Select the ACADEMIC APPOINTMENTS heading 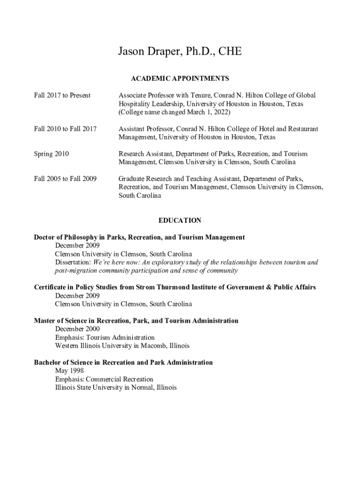click(180, 79)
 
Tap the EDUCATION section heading click(180, 220)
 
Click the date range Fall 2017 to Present click(62, 95)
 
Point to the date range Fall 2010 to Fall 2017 click(65, 129)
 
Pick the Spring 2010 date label click(51, 154)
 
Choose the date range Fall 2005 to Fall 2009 click(65, 179)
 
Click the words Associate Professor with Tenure click(164, 95)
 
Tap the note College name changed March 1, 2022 click(174, 112)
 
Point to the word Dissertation click(73, 262)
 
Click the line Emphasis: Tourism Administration click(105, 337)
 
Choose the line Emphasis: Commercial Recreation click(104, 379)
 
